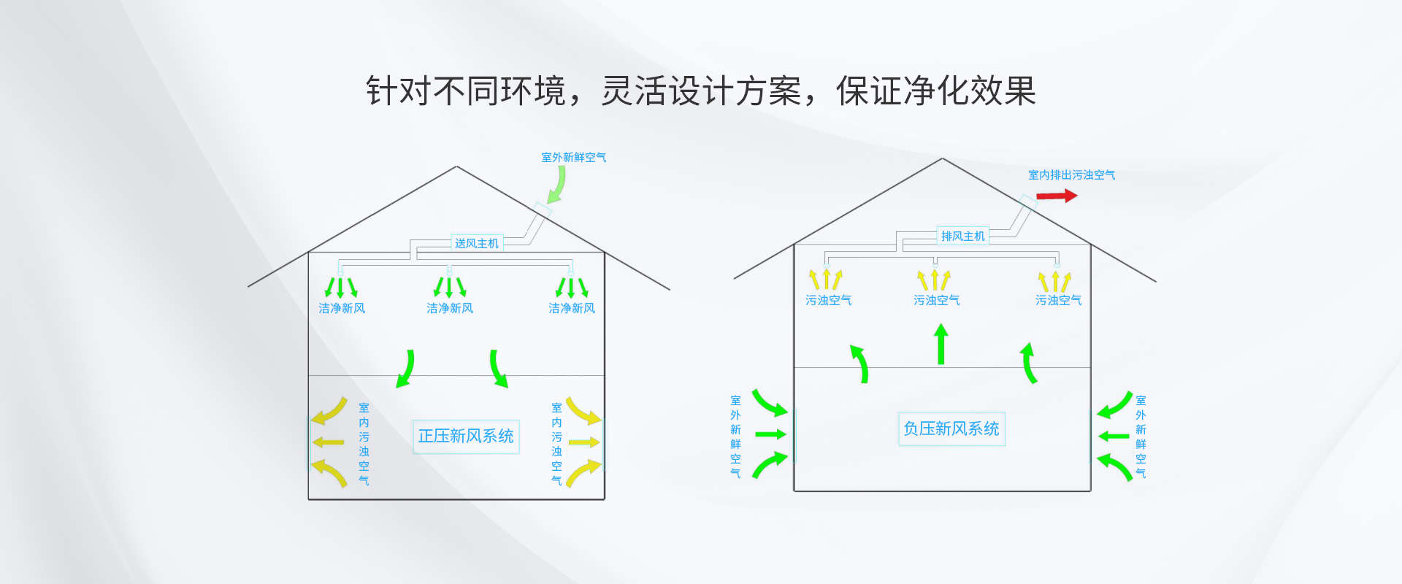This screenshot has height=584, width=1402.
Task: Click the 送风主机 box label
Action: pyautogui.click(x=476, y=243)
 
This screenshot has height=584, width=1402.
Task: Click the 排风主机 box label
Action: pyautogui.click(x=962, y=236)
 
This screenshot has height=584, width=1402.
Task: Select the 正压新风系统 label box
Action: pyautogui.click(x=466, y=437)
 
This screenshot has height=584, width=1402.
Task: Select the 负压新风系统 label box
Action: pyautogui.click(x=951, y=429)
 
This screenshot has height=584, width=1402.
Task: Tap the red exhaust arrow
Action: pyautogui.click(x=1057, y=196)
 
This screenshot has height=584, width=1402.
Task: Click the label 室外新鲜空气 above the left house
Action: pyautogui.click(x=573, y=157)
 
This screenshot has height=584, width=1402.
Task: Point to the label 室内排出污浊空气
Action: pyautogui.click(x=1071, y=174)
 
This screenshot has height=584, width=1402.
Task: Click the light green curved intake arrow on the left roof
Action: pyautogui.click(x=559, y=185)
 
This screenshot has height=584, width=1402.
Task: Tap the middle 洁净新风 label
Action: pyautogui.click(x=450, y=308)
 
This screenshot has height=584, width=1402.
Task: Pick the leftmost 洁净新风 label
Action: pyautogui.click(x=342, y=308)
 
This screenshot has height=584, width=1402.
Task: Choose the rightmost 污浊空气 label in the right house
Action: pyautogui.click(x=1058, y=300)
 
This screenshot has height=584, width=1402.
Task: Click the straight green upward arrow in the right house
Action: pyautogui.click(x=941, y=345)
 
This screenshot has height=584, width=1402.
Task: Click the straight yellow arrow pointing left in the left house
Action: pyautogui.click(x=328, y=442)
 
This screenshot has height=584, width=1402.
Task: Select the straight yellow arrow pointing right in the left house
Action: pyautogui.click(x=584, y=442)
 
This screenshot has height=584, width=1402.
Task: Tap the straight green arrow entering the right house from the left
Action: pyautogui.click(x=770, y=434)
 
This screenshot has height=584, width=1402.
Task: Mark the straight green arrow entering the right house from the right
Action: pyautogui.click(x=1114, y=437)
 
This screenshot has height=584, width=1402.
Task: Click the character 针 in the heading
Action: pyautogui.click(x=382, y=91)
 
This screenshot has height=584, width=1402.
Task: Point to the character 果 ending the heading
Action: pyautogui.click(x=1019, y=91)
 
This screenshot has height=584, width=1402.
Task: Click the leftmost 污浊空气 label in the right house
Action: pyautogui.click(x=828, y=300)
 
